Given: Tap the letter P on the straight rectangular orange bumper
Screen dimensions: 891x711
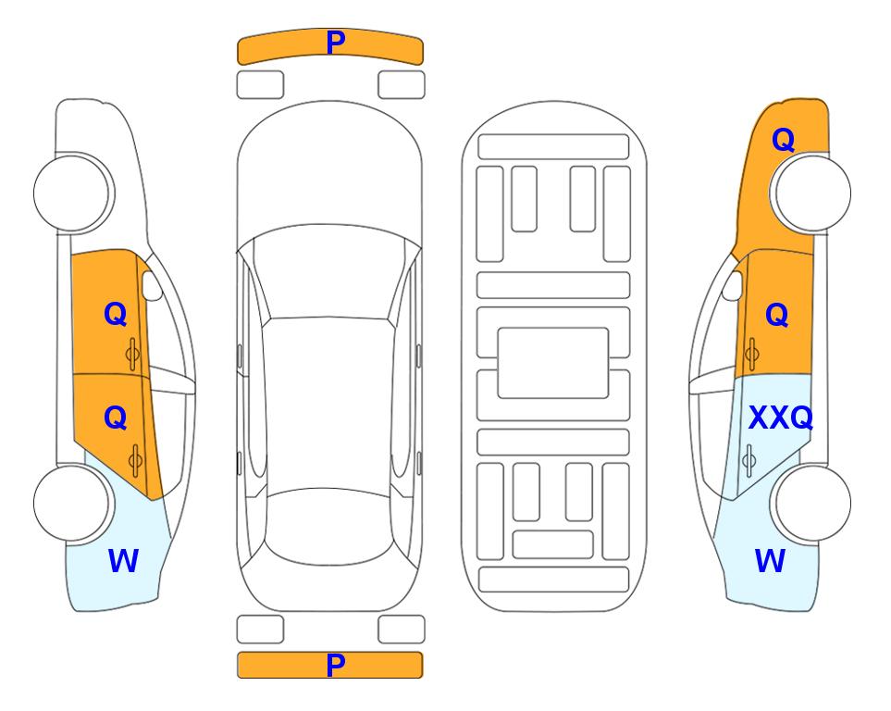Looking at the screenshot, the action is point(336,665).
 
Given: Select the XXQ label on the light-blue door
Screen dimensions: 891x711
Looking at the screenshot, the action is point(781,418).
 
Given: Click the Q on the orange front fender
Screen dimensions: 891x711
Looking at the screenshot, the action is point(783,140).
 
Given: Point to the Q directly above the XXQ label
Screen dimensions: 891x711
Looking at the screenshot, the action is point(777,315).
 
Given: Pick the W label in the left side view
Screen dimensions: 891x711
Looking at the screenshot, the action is point(123,560).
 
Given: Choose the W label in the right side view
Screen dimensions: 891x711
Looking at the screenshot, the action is point(770,560).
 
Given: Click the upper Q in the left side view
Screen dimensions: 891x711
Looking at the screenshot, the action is point(116,314).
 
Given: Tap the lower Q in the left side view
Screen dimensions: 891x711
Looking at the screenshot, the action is point(116,418).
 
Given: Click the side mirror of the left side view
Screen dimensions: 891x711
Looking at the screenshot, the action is point(152,285).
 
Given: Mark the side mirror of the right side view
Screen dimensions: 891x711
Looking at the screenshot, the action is point(733,285).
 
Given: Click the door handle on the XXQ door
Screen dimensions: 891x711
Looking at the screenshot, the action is point(749,460).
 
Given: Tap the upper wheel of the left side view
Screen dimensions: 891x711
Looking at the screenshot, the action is point(72,193).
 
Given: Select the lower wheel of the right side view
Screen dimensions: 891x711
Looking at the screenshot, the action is point(812,503).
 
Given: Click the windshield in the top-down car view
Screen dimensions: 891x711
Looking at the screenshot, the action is point(329,272).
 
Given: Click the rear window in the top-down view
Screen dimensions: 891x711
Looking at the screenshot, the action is point(329,526).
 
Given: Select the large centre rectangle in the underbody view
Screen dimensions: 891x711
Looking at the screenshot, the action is point(553,363).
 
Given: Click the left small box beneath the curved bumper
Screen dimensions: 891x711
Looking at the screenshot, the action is point(260,85).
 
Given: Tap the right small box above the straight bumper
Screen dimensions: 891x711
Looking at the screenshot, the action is point(402,630).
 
